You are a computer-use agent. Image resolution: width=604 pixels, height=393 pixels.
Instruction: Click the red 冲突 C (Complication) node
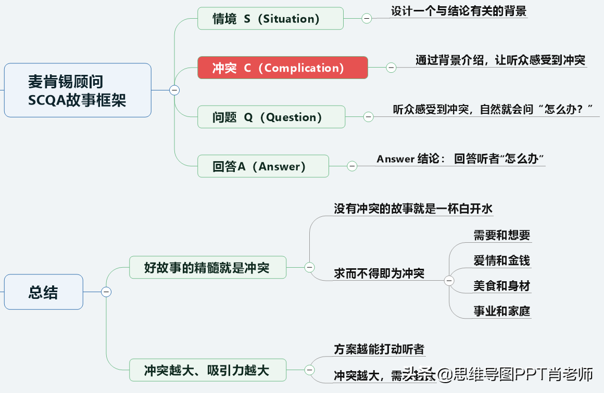283,68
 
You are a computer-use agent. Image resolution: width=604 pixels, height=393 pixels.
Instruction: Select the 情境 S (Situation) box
270,18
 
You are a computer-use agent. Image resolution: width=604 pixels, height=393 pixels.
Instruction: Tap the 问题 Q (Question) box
271,117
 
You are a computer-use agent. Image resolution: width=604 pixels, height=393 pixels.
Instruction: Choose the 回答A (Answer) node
263,166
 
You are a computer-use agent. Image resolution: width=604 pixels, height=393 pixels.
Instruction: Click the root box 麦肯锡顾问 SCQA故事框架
78,90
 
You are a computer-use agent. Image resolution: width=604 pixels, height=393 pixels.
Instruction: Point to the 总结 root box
43,292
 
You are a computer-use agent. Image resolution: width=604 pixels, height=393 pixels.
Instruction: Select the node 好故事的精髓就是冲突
208,267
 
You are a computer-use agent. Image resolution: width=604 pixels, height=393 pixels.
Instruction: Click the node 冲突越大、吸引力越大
208,370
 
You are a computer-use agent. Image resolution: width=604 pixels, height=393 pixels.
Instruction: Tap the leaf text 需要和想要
501,235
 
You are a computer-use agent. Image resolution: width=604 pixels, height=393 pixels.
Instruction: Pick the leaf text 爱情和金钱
501,260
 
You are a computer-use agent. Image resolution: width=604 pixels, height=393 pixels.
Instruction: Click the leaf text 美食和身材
501,285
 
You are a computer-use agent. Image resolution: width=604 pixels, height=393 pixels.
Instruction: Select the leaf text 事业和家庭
501,311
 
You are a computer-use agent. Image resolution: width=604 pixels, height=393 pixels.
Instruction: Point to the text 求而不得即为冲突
379,273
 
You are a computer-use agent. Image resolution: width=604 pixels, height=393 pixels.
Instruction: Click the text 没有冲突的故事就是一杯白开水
413,209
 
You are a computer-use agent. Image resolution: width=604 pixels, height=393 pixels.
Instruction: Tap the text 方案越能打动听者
379,349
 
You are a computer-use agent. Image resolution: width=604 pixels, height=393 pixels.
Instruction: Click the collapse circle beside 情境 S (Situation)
367,18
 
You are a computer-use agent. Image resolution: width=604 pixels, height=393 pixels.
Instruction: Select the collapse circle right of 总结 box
106,292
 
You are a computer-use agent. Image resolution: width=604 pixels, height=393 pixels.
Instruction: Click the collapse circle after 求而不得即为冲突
449,281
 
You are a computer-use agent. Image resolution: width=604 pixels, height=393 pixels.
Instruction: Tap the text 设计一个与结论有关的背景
459,11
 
